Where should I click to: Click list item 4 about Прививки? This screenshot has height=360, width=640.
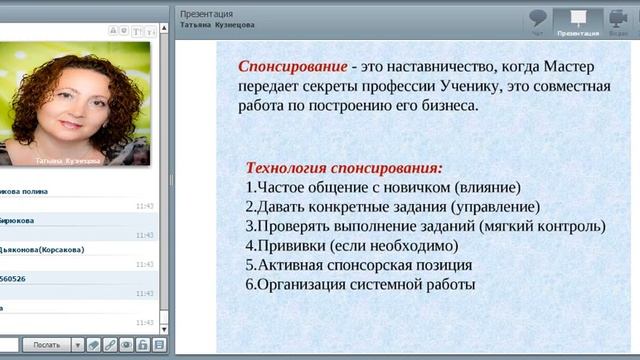pyautogui.click(x=351, y=246)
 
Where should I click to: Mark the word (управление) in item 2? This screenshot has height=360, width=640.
pyautogui.click(x=494, y=207)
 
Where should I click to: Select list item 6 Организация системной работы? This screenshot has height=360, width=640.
pyautogui.click(x=359, y=285)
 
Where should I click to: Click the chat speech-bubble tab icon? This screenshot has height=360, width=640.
pyautogui.click(x=538, y=18)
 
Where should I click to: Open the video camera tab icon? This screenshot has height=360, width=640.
pyautogui.click(x=618, y=18)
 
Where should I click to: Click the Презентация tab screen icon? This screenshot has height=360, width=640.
pyautogui.click(x=578, y=18)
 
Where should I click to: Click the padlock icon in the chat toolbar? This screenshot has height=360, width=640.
pyautogui.click(x=143, y=345)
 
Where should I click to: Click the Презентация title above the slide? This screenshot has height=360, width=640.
pyautogui.click(x=206, y=15)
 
